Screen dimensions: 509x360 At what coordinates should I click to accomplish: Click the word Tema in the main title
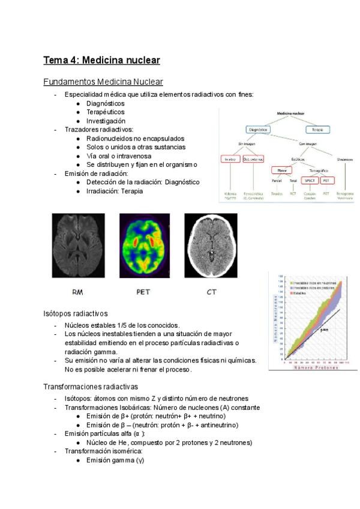(55, 60)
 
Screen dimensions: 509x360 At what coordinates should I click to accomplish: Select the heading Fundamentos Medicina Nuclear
(103, 82)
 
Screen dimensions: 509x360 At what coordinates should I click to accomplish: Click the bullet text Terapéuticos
(106, 112)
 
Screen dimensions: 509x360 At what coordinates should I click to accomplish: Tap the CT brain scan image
(211, 246)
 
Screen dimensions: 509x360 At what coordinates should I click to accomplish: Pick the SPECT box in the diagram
(310, 179)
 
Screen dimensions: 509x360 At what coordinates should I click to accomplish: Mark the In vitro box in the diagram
(229, 159)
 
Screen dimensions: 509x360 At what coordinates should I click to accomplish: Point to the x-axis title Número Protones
(314, 367)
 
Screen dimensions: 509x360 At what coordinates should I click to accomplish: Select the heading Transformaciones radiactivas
(91, 387)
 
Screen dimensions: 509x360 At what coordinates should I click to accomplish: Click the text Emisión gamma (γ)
(115, 460)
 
